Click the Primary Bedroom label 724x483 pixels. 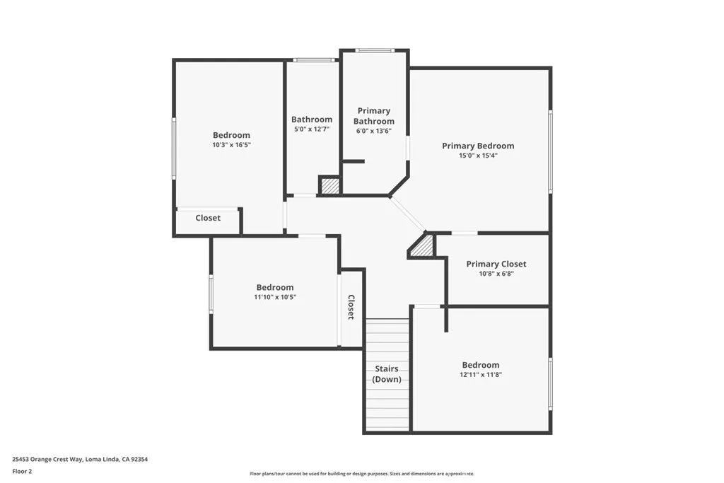[478, 146]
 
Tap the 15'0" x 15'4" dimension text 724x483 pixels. [478, 156]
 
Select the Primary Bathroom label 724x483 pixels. [374, 116]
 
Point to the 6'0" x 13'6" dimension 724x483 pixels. [373, 131]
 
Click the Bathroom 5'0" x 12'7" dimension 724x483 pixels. [311, 129]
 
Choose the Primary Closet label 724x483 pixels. [496, 264]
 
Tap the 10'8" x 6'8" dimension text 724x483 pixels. [496, 273]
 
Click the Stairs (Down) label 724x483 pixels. [387, 374]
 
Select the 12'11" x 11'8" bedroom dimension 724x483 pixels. [481, 375]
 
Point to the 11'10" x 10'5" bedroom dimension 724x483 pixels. [275, 297]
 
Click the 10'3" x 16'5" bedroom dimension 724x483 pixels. [231, 144]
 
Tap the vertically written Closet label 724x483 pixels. [351, 307]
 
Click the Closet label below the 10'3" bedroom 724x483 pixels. [208, 218]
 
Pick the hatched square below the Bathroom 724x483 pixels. [329, 185]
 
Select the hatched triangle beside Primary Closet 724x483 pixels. [423, 247]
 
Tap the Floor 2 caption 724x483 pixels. [22, 470]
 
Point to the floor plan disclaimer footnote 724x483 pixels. [361, 474]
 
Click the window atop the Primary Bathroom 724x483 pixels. [375, 50]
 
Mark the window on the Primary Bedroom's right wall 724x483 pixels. [550, 151]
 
